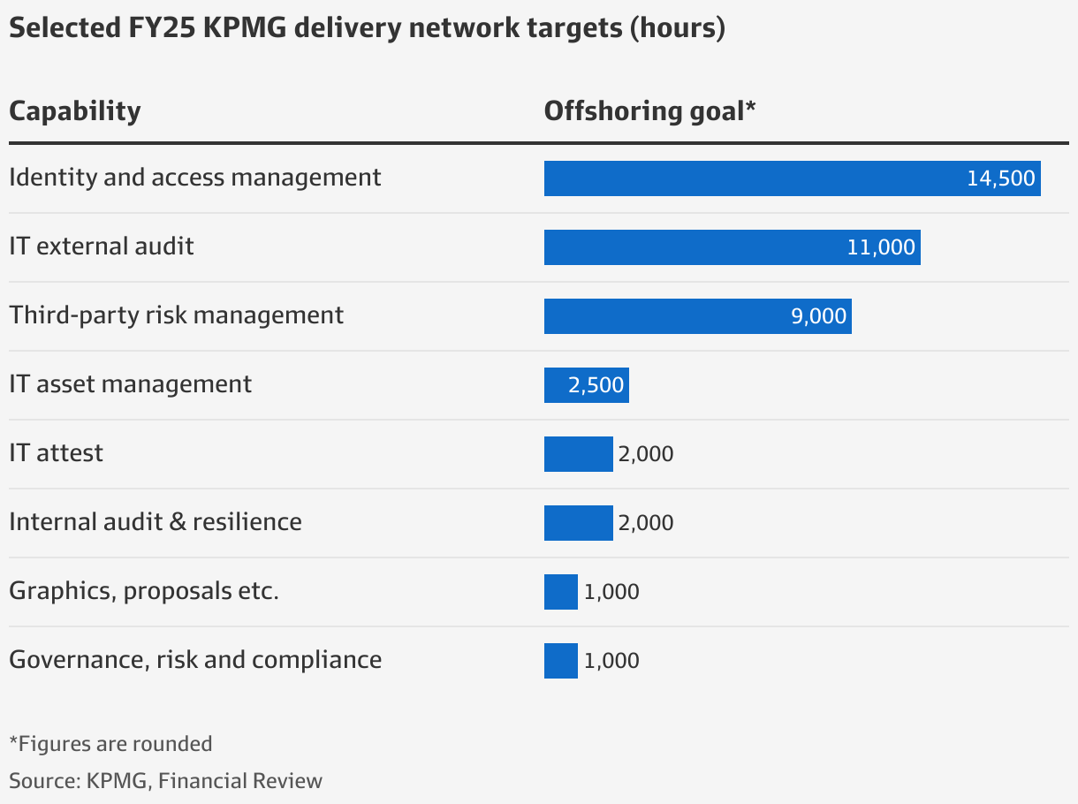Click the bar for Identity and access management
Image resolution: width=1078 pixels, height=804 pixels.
tap(751, 178)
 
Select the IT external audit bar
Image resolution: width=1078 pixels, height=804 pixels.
tap(689, 247)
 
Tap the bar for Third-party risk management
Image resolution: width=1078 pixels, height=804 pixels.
tap(663, 316)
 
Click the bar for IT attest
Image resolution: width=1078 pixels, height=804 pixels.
tap(578, 454)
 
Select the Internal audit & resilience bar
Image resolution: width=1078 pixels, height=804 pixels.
tap(578, 523)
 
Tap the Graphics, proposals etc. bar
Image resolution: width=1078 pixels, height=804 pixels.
tap(560, 592)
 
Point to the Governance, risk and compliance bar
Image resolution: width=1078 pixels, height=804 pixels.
tap(560, 661)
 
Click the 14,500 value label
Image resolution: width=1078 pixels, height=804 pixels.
tap(1000, 178)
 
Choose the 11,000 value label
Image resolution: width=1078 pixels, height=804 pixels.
tap(881, 247)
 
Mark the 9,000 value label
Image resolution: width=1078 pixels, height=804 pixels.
tap(818, 316)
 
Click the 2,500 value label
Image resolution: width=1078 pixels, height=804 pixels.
tap(596, 385)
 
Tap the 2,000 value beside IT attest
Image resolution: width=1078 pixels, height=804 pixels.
tap(646, 454)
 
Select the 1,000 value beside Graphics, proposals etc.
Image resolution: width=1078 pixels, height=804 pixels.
tap(611, 592)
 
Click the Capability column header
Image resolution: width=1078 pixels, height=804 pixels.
tap(74, 112)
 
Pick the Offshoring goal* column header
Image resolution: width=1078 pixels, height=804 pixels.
tap(650, 112)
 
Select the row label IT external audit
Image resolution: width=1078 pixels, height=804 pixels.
tap(101, 246)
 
